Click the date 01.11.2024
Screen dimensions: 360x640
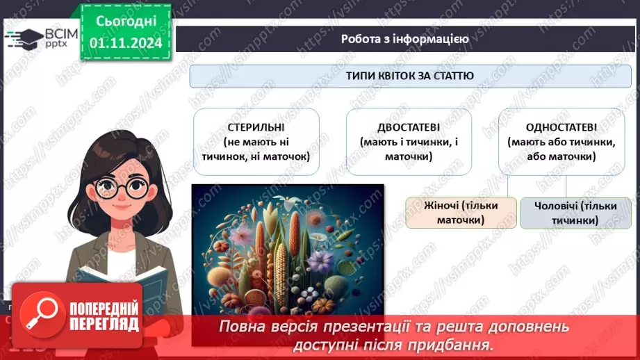pyautogui.click(x=125, y=43)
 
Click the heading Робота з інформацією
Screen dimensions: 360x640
pyautogui.click(x=404, y=39)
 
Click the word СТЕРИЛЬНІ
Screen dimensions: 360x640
pyautogui.click(x=256, y=128)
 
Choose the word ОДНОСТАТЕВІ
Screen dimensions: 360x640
pyautogui.click(x=561, y=128)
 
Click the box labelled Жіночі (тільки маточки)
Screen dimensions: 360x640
pyautogui.click(x=461, y=213)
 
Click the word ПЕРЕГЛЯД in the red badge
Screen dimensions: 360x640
pyautogui.click(x=104, y=324)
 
